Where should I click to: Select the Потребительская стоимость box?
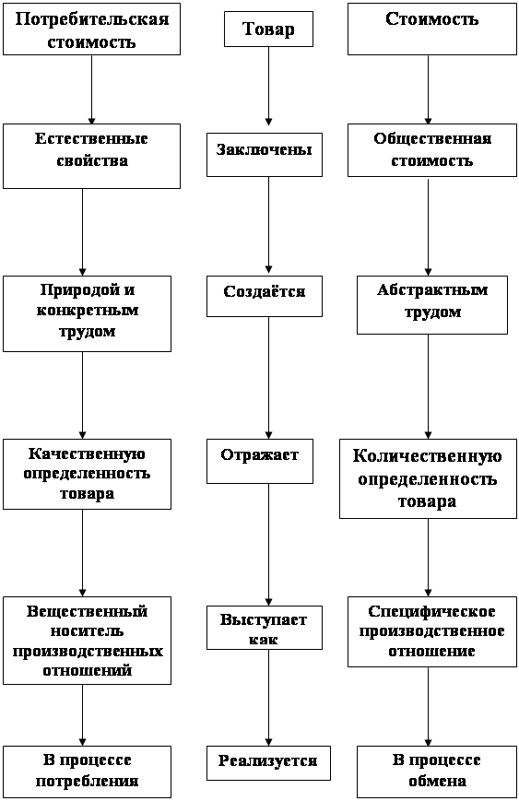click(91, 29)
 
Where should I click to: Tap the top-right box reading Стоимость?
click(432, 29)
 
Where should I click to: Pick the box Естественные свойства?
click(91, 156)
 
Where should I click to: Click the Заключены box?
click(264, 155)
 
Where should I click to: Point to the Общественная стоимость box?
click(432, 150)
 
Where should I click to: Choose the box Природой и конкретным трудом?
click(87, 313)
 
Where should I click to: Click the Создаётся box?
click(264, 296)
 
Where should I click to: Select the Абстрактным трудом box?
click(432, 305)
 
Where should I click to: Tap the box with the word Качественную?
click(87, 474)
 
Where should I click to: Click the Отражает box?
click(260, 461)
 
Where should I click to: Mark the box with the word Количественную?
click(428, 478)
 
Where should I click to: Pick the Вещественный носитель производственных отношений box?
click(87, 641)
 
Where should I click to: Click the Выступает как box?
click(264, 628)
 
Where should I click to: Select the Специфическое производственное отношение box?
click(432, 631)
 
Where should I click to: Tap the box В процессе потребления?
click(87, 772)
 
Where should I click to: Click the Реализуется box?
click(268, 763)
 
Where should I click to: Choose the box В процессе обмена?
click(437, 772)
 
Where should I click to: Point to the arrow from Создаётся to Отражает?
click(268, 378)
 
